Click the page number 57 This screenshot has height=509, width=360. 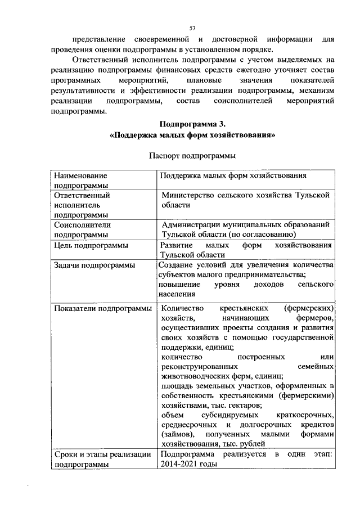tap(192, 28)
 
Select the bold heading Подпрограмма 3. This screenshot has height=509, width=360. tap(192, 124)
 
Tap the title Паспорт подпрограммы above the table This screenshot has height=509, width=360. tap(192, 155)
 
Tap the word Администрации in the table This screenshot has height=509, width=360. tap(190, 224)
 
